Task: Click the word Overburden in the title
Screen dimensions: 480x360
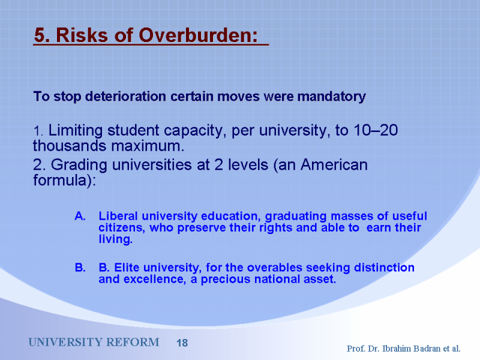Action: [x=199, y=35]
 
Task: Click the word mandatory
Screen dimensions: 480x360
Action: [x=332, y=97]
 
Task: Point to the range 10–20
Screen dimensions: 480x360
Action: [x=376, y=130]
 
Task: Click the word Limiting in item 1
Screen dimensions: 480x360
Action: [x=76, y=131]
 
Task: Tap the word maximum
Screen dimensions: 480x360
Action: [x=148, y=146]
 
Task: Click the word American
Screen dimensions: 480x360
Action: [x=334, y=164]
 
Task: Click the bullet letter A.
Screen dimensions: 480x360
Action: [x=80, y=216]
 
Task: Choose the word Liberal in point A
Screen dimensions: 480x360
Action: [x=118, y=216]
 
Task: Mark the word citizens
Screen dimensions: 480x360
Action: [x=122, y=228]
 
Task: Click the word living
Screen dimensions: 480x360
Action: [x=115, y=239]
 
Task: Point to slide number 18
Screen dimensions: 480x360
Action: [x=182, y=343]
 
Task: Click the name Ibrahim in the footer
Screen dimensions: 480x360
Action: [x=396, y=349]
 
